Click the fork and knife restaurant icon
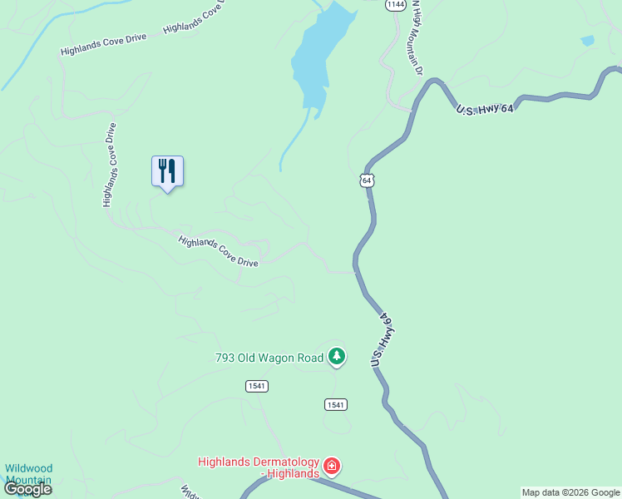click(167, 171)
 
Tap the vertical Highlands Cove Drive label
click(109, 165)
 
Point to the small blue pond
click(588, 40)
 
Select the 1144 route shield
click(396, 5)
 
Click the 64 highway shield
click(368, 180)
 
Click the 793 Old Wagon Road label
click(269, 358)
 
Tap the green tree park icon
click(336, 357)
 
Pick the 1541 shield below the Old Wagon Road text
click(256, 386)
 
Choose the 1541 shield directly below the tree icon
click(335, 404)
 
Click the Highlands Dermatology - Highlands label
click(259, 467)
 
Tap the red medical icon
click(332, 466)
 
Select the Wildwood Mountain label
click(28, 474)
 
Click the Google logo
click(27, 489)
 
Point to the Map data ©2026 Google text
click(570, 492)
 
